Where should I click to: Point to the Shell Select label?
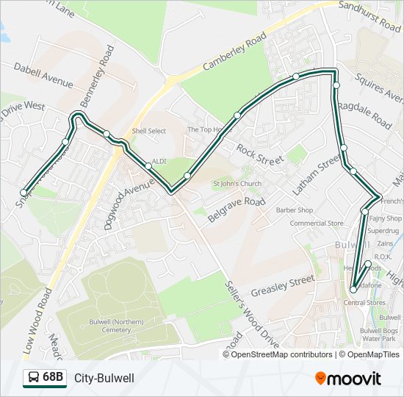coord(149,131)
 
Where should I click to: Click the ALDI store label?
coord(159,162)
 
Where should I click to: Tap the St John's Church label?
coord(237,184)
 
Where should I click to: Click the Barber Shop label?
coord(295,210)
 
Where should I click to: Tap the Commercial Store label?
coord(317,223)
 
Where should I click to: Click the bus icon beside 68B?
coord(32,378)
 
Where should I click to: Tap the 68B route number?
coord(54,378)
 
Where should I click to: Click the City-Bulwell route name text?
coord(104,378)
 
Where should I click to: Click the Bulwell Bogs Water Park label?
coord(379,335)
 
